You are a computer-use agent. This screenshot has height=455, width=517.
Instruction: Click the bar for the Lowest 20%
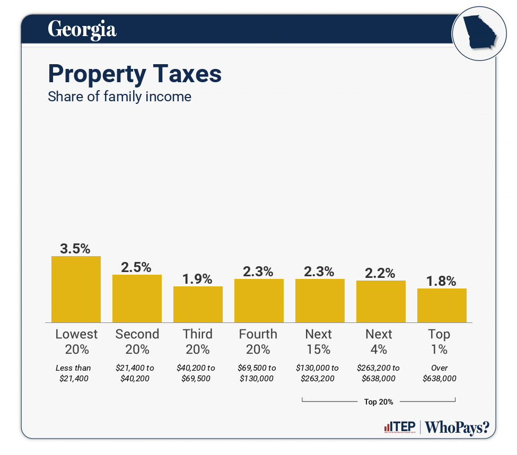click(76, 289)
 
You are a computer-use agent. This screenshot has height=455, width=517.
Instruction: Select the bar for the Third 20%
click(198, 304)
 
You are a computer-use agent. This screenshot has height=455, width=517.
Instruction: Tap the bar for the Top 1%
click(442, 305)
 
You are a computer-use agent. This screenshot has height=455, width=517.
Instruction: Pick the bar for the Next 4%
click(381, 301)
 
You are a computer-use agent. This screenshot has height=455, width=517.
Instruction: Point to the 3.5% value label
click(75, 248)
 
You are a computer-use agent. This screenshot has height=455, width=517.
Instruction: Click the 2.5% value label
click(136, 267)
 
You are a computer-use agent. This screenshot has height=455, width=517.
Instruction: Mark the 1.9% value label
click(197, 278)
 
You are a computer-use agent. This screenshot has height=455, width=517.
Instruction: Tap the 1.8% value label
click(441, 281)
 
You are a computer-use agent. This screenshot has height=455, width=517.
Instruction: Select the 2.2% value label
click(380, 273)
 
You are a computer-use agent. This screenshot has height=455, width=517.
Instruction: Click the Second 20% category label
click(137, 342)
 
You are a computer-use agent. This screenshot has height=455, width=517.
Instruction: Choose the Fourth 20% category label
click(258, 342)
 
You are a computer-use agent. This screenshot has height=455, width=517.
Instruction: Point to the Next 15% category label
click(319, 342)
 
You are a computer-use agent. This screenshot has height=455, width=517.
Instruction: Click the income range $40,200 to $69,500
click(197, 373)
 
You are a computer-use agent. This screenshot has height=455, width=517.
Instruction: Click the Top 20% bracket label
click(379, 401)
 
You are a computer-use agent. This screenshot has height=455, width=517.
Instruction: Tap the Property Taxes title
click(135, 74)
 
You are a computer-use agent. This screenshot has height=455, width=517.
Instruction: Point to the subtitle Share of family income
click(119, 97)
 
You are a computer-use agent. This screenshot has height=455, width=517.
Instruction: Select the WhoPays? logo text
click(457, 427)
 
